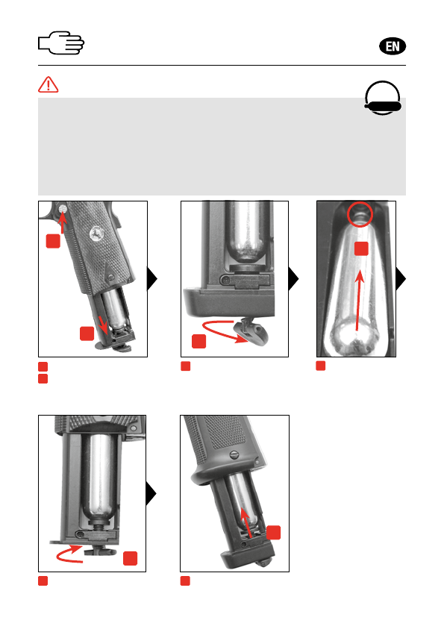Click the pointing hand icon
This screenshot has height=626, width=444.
point(61,43)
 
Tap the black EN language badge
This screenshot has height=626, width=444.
point(392,46)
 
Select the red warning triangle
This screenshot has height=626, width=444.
point(49,84)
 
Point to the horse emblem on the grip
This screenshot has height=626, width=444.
point(96,234)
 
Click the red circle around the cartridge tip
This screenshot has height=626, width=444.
point(360,214)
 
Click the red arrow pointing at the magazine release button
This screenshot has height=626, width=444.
point(62,222)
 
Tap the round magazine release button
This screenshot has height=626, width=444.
point(63,208)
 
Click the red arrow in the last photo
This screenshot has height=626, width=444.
point(247,522)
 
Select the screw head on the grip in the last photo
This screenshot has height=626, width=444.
point(234,454)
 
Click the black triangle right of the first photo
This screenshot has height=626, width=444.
point(152,278)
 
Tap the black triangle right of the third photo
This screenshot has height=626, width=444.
point(401,278)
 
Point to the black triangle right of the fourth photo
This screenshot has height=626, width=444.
point(151,493)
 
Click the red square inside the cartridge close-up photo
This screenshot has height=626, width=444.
point(361,248)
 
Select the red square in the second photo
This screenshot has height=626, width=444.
point(198,341)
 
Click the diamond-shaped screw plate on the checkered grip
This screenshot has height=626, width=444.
point(110,275)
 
